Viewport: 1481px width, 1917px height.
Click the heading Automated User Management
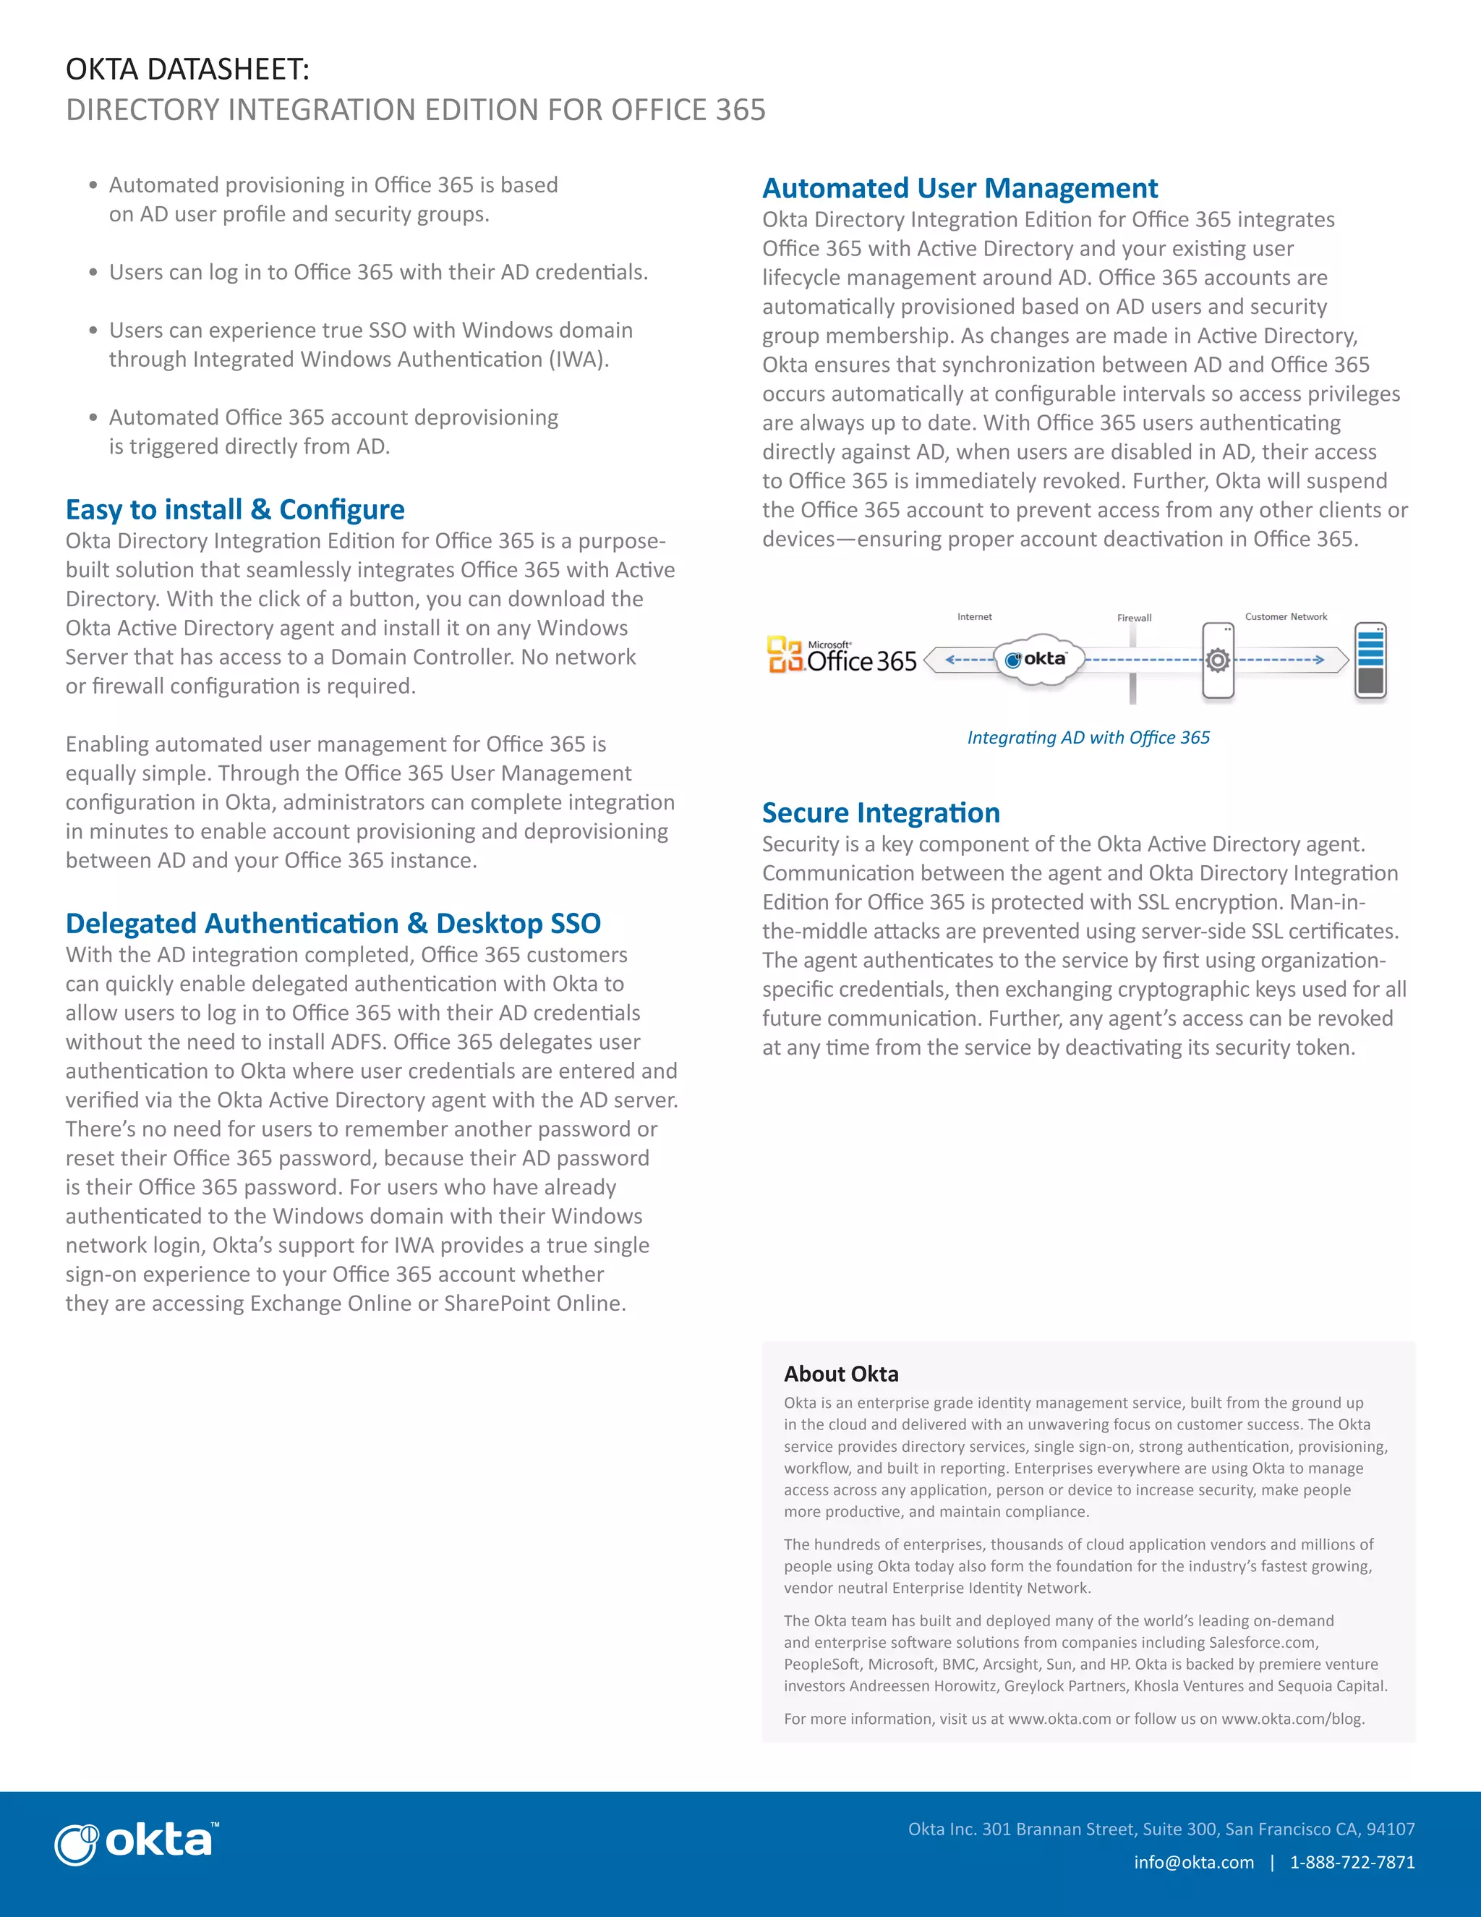pos(959,189)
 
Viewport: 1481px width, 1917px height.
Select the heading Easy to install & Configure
pos(235,510)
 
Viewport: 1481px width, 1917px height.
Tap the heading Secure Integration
pos(880,813)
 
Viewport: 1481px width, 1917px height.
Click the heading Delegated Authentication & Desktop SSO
pos(333,923)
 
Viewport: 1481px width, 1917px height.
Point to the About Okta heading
pos(840,1374)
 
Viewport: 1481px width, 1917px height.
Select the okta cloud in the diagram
pos(1039,659)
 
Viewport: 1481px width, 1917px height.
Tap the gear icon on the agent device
pos(1218,660)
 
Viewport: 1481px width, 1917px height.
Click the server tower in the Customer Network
pos(1370,660)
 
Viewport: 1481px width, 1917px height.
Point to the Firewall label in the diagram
pos(1134,618)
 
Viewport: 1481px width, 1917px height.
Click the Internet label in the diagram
pos(974,617)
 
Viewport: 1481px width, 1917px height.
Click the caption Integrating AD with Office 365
pos(1088,737)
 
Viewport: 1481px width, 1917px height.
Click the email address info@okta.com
pos(1193,1862)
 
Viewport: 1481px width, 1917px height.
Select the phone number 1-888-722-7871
pos(1352,1862)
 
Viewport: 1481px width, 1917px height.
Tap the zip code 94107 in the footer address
pos(1391,1829)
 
